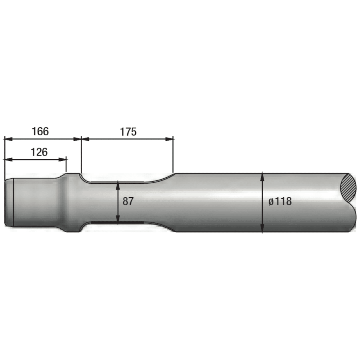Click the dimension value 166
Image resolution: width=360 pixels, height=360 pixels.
tap(40, 131)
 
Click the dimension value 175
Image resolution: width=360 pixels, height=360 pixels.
tap(128, 132)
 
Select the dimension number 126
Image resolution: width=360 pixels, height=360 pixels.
tap(39, 152)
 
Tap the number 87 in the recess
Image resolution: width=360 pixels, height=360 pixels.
tap(128, 202)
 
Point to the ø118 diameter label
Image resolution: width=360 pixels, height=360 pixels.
tap(280, 202)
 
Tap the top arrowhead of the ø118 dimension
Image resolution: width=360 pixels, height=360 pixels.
tap(262, 176)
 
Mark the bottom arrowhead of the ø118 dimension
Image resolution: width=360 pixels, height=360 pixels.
tap(262, 229)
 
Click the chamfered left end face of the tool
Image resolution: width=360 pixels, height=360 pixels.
tap(9, 202)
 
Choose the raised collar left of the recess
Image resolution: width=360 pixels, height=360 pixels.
tap(72, 202)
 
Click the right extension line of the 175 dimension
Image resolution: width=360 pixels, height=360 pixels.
tap(174, 156)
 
